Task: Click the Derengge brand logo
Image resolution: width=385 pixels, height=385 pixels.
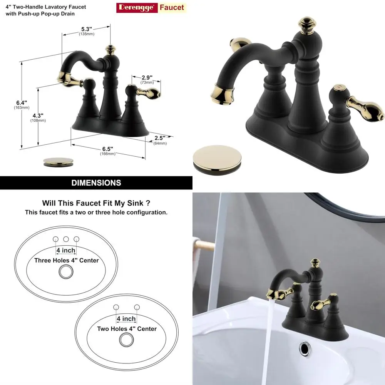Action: click(x=151, y=7)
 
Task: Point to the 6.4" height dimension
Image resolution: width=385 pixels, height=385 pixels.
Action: click(x=22, y=103)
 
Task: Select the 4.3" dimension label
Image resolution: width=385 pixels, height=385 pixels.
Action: click(x=38, y=115)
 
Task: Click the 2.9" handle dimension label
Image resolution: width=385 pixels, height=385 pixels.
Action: click(x=147, y=78)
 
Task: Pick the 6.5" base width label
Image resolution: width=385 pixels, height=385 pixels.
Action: click(x=108, y=149)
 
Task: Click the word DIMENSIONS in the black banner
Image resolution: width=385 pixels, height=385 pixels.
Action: click(x=96, y=183)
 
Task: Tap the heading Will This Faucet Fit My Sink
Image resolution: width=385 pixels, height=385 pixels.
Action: click(x=96, y=203)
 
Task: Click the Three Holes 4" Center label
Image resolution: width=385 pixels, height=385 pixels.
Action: click(x=66, y=260)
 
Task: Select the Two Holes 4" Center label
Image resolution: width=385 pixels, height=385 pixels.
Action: click(x=127, y=329)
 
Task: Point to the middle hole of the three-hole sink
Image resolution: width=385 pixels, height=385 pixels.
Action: click(x=66, y=239)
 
